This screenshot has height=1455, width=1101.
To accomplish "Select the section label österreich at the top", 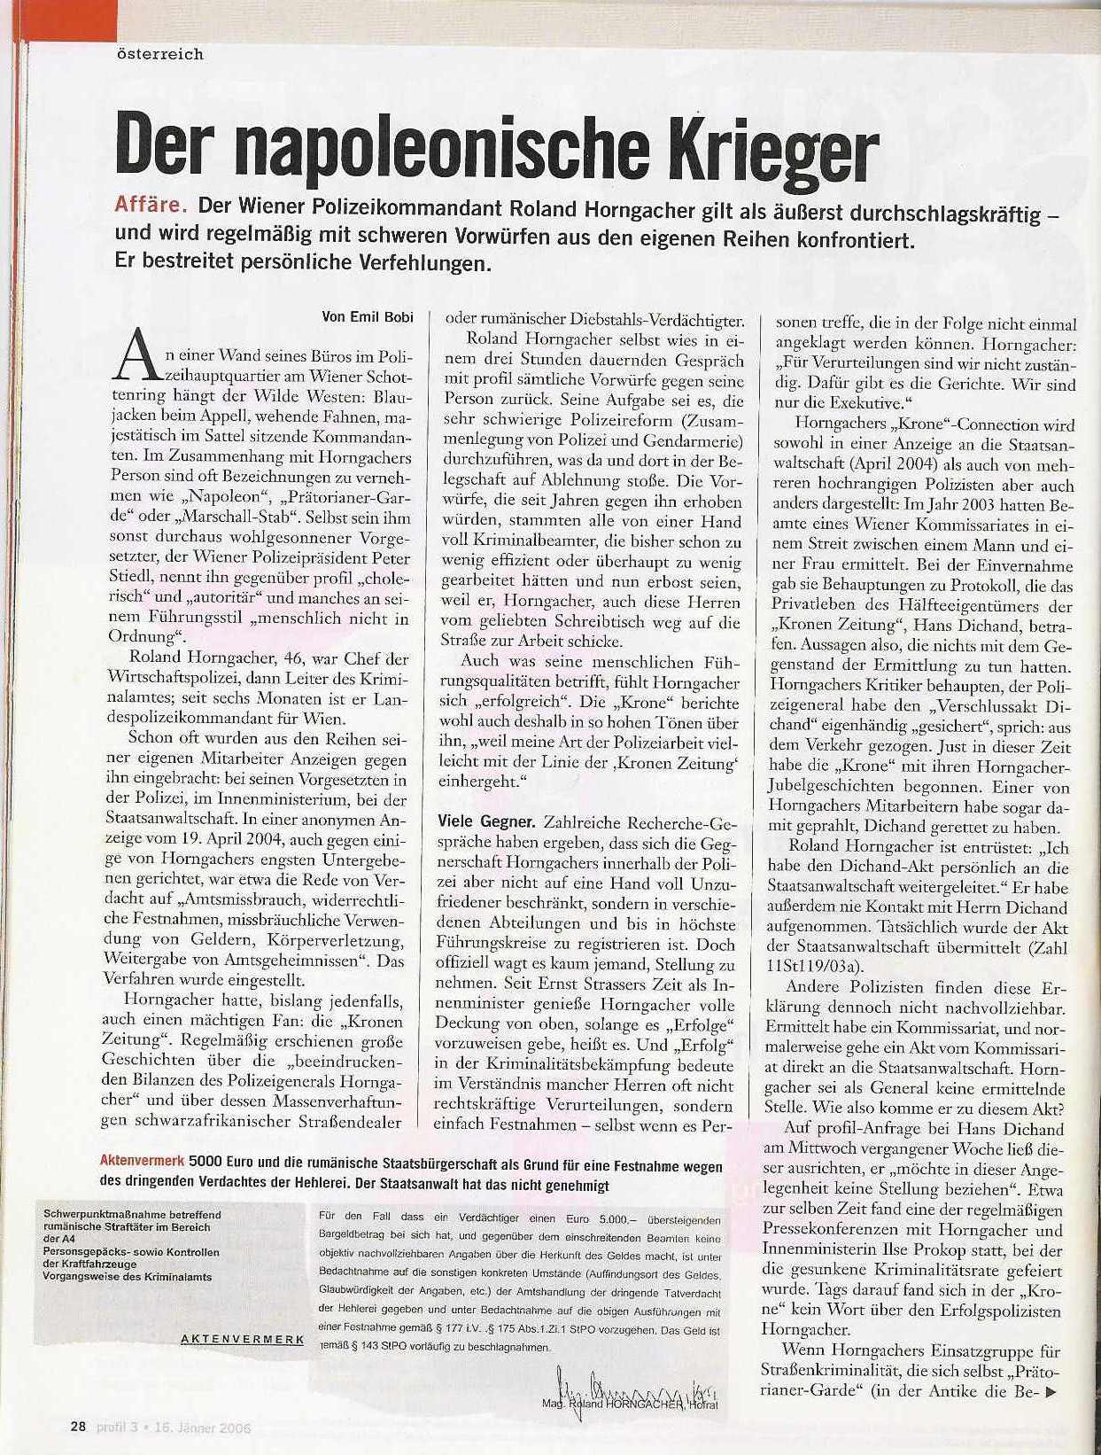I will pos(160,54).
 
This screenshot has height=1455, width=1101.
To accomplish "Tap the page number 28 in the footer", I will pos(79,1427).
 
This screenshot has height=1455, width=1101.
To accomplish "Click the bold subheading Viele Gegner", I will pos(485,821).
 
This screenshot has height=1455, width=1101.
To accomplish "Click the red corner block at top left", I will pos(18,12).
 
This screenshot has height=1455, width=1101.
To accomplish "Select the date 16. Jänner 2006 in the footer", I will pos(207,1428).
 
